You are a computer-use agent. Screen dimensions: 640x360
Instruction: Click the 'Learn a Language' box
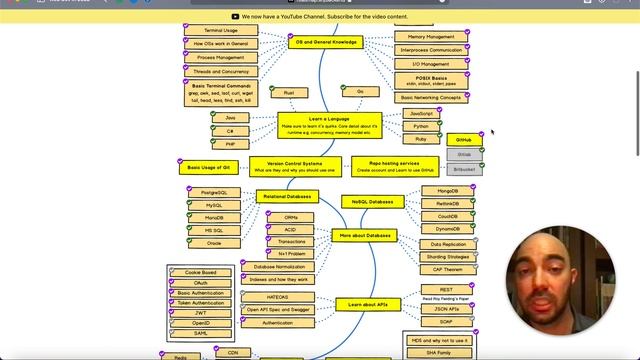pyautogui.click(x=315, y=125)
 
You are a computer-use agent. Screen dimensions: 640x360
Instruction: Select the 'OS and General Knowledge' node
pyautogui.click(x=325, y=43)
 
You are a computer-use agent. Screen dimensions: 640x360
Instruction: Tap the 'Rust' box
pyautogui.click(x=289, y=92)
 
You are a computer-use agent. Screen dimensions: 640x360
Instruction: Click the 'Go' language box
pyautogui.click(x=360, y=92)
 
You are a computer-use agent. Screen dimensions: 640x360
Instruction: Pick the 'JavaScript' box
pyautogui.click(x=421, y=114)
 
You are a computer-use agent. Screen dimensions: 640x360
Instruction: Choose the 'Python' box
pyautogui.click(x=421, y=127)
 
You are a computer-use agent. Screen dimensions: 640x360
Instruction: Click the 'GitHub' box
pyautogui.click(x=464, y=140)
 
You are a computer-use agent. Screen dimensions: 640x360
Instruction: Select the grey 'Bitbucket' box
pyautogui.click(x=464, y=170)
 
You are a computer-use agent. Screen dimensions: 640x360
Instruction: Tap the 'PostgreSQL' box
pyautogui.click(x=215, y=192)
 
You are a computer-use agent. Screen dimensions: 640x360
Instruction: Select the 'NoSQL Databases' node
pyautogui.click(x=372, y=202)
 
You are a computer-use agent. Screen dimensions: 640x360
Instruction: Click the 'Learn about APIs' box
pyautogui.click(x=368, y=304)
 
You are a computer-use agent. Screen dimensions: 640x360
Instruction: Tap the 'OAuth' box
pyautogui.click(x=201, y=282)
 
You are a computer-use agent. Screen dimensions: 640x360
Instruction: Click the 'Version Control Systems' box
pyautogui.click(x=287, y=166)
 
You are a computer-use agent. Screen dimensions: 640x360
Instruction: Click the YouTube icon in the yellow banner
pyautogui.click(x=235, y=16)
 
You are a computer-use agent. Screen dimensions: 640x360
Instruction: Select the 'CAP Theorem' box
pyautogui.click(x=447, y=270)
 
